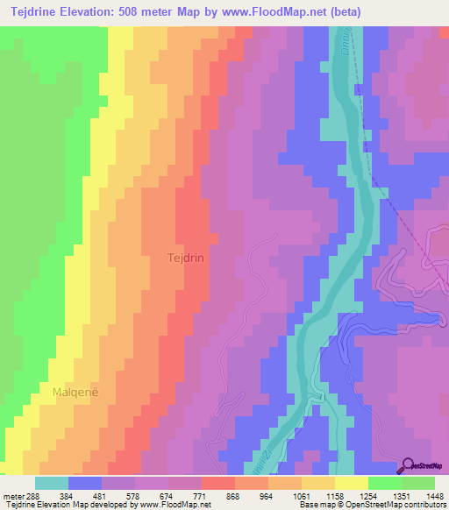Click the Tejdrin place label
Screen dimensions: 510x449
pos(186,259)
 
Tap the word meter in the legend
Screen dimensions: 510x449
pos(11,495)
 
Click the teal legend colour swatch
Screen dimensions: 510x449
pos(52,483)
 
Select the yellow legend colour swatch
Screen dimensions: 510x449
pos(351,483)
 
